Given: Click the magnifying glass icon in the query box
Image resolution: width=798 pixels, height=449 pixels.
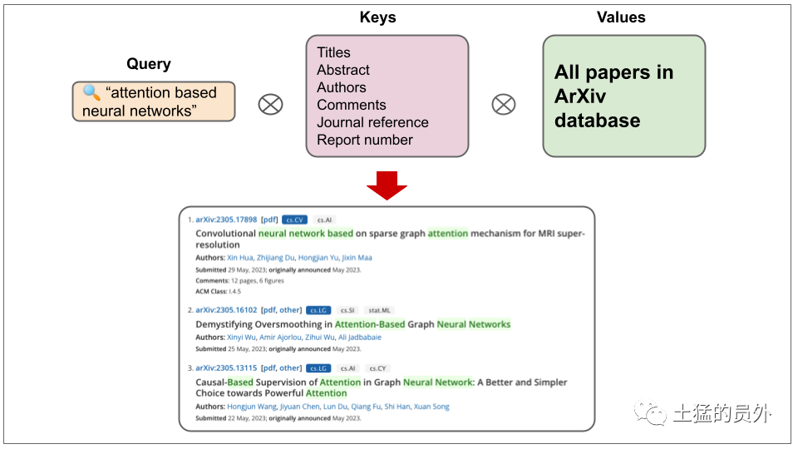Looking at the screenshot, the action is coord(91,92).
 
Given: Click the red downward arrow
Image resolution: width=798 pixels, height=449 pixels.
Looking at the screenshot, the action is coord(387,185).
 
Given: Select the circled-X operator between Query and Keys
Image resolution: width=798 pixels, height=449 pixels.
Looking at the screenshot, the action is coord(270,105).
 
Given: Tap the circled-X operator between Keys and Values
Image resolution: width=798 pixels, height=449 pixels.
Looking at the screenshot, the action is coord(504,105).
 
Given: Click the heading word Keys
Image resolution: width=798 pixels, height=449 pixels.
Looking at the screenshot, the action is coord(377,17).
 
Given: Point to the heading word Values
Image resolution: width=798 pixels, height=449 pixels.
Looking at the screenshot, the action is coord(621,17).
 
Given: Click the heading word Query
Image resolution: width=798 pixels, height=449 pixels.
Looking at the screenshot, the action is coord(149,64).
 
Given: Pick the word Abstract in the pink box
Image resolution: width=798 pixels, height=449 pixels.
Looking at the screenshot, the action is coord(343,70).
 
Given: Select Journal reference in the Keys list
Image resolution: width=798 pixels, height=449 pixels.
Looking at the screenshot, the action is coord(372,122).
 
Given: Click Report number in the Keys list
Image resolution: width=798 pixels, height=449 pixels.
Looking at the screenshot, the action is coord(365,140).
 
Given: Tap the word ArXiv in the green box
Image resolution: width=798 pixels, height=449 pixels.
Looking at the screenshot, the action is coord(580,96).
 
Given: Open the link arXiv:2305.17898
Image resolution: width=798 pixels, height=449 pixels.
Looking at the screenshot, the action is coord(226,220).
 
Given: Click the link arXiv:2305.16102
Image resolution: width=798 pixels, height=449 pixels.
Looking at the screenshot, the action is coord(226,310).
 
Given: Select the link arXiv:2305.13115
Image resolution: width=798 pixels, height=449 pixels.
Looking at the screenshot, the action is coord(226,368).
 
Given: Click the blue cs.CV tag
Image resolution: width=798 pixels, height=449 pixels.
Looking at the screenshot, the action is coord(294,220).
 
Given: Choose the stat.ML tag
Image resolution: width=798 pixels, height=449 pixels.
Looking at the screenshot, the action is coord(379,310).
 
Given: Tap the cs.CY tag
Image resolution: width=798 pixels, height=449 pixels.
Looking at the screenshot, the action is coord(377,368).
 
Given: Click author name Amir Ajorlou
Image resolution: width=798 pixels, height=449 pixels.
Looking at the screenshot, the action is coord(280,337).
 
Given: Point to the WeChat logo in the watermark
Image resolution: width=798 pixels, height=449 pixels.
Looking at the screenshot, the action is coord(650,412).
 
